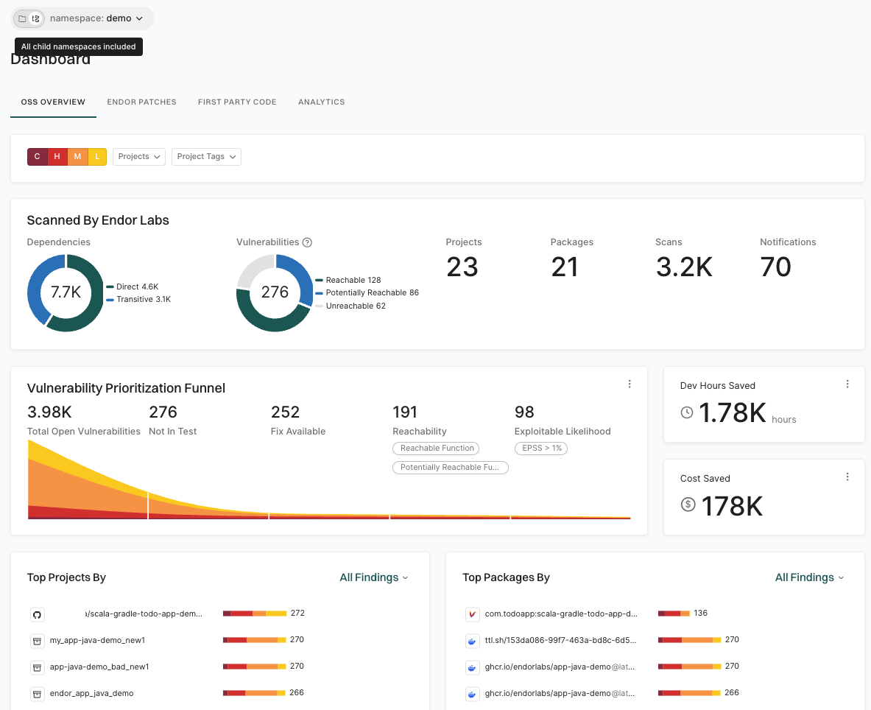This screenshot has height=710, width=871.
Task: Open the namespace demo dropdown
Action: pos(96,18)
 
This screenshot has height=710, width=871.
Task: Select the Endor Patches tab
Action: pos(141,102)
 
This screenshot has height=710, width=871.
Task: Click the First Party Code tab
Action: pos(237,102)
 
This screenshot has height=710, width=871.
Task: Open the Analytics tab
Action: pos(321,102)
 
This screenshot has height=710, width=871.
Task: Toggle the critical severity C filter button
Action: pos(37,157)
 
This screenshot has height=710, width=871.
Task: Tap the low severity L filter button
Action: pos(97,157)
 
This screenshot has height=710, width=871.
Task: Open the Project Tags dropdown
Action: pos(206,157)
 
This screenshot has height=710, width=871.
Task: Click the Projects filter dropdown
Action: pos(138,157)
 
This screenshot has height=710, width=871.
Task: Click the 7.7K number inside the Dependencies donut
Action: pos(66,292)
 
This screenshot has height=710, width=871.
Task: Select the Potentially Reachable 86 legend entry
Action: pos(372,292)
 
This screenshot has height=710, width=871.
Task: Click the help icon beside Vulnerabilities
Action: pos(308,242)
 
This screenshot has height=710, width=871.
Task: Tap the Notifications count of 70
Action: pos(775,267)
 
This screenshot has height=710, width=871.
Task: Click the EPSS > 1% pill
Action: pos(541,448)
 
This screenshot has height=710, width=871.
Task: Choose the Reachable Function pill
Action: pos(437,448)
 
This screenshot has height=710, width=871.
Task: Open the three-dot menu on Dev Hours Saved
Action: pos(847,384)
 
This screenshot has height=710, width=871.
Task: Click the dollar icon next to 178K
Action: pos(688,505)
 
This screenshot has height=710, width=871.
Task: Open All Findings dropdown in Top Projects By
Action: pos(373,577)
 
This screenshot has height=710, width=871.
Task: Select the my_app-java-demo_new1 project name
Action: pos(97,640)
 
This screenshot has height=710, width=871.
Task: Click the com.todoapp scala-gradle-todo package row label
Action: pos(560,614)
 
